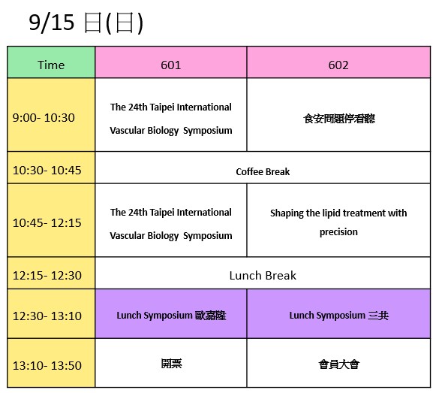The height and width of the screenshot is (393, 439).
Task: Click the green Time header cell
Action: click(51, 62)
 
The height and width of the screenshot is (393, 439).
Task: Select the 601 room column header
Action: click(171, 62)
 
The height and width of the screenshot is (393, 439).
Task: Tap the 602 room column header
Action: click(338, 62)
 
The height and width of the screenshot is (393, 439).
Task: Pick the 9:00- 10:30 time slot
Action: click(44, 118)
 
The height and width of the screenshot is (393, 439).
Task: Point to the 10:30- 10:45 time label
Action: click(47, 170)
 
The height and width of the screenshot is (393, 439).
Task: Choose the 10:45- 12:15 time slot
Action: click(47, 223)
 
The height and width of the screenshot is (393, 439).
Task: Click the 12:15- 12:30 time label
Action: click(47, 275)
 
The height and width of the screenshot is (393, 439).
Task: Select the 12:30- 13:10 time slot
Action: click(47, 316)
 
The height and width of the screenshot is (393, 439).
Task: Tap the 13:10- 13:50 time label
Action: click(47, 365)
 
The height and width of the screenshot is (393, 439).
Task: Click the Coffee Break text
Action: click(263, 171)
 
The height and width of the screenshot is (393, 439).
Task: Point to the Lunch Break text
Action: click(263, 276)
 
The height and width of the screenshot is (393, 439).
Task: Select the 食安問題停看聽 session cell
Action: click(338, 115)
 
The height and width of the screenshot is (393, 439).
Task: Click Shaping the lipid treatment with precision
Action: click(338, 222)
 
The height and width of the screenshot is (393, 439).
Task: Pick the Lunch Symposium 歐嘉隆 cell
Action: click(171, 313)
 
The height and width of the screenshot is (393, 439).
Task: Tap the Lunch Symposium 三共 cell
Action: click(338, 313)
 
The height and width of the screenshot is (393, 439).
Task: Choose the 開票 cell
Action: click(171, 363)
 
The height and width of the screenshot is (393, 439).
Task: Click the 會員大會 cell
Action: click(338, 363)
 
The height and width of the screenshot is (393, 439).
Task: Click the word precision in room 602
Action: click(338, 232)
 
